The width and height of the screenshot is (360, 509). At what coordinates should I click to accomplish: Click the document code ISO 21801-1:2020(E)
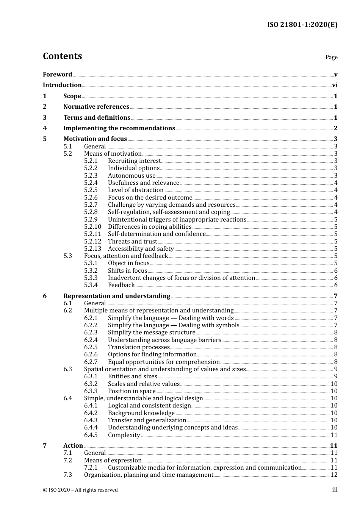point(302,25)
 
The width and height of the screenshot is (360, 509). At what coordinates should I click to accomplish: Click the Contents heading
point(62,56)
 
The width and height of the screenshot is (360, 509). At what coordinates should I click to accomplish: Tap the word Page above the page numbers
point(331,57)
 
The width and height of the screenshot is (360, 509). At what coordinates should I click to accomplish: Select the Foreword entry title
point(57,75)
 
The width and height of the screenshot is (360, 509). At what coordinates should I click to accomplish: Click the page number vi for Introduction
point(335,85)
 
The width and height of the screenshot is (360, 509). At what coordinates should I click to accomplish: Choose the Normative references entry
point(96,107)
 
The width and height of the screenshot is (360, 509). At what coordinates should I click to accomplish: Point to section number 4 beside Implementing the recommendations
point(45,128)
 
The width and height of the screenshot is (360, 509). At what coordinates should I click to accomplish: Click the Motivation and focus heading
point(95,139)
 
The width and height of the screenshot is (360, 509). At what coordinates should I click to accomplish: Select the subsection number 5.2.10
point(92,227)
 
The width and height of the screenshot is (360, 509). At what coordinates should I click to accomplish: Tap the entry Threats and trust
point(132,242)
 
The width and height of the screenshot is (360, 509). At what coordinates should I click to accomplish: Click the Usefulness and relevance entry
point(144,183)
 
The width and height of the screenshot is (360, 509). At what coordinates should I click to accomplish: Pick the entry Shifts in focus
point(127,271)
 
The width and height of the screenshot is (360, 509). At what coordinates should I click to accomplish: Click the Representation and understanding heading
point(117,296)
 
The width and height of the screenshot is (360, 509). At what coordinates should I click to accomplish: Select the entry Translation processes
point(139,347)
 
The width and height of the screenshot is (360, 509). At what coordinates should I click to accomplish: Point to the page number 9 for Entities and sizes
point(336,376)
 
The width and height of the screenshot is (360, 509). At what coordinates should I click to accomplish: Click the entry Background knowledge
point(141,413)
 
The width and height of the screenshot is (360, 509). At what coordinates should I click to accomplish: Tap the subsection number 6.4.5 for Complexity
point(91,435)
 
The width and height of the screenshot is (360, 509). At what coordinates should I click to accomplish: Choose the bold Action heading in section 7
point(73,446)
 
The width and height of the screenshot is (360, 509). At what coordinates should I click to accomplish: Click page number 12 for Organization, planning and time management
point(334,475)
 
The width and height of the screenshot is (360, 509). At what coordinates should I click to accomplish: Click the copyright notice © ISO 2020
point(80,490)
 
